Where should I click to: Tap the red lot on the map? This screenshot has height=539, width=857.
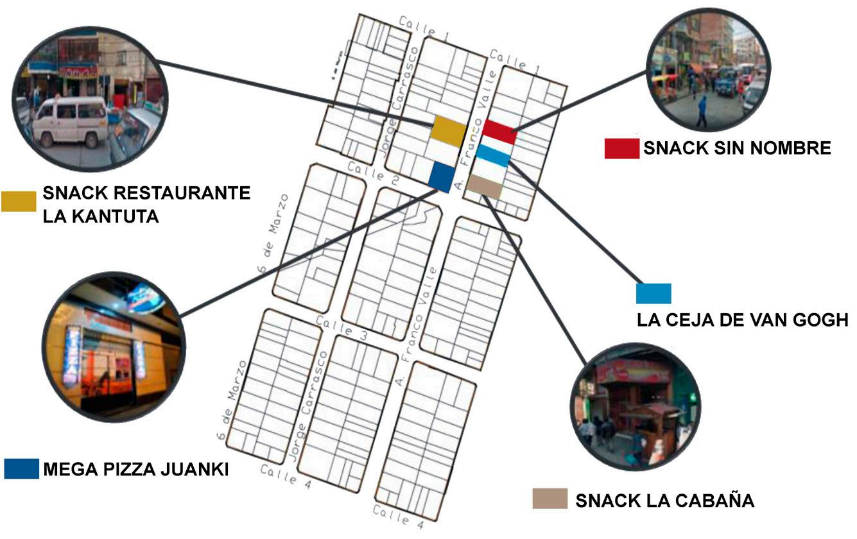(x=499, y=131)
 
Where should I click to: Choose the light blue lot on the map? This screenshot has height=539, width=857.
(x=494, y=155)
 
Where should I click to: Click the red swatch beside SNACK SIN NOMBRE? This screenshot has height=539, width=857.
(x=621, y=148)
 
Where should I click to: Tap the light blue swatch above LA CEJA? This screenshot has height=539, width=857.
(x=654, y=293)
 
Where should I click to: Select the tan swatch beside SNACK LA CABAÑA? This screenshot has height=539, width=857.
(x=550, y=499)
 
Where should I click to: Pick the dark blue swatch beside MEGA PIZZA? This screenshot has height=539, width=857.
(x=21, y=469)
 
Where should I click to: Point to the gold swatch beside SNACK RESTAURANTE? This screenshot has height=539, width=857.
(x=19, y=201)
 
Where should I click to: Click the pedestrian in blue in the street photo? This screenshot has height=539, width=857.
(x=702, y=110)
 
